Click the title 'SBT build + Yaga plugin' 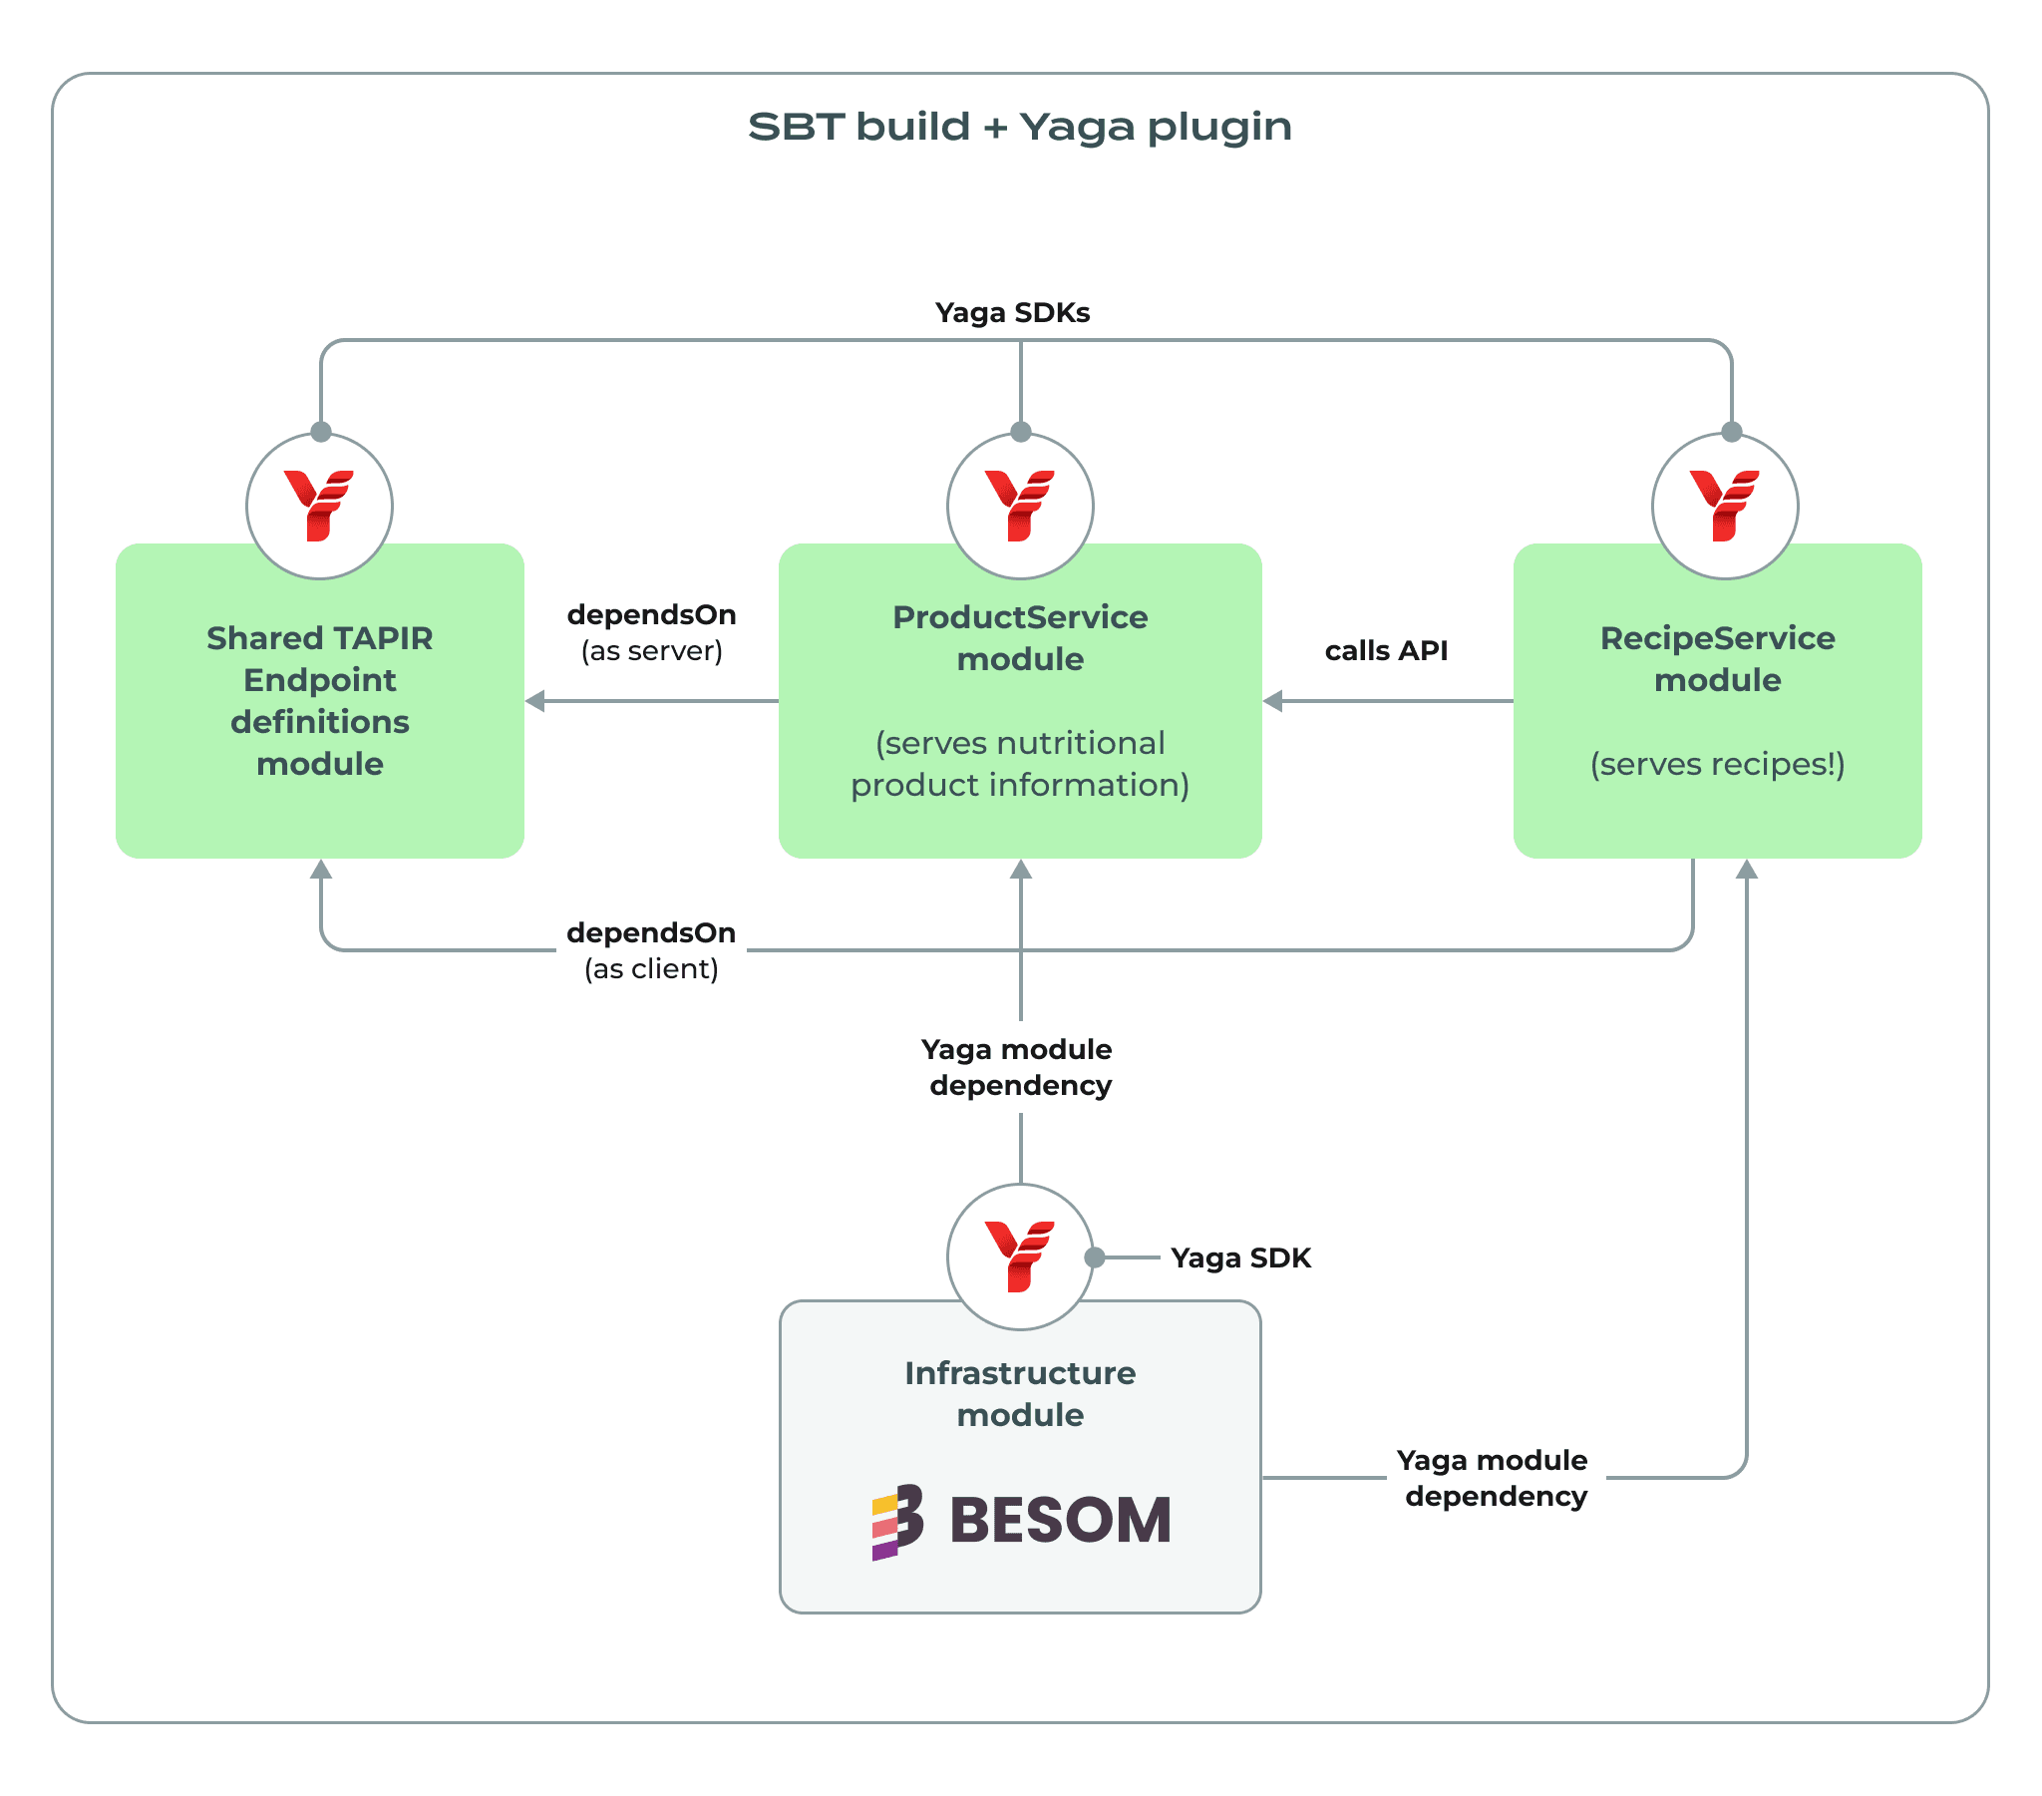(x=1019, y=127)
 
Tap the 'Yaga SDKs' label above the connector (x=1012, y=313)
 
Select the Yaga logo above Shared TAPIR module (x=319, y=506)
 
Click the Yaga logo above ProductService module (x=1020, y=506)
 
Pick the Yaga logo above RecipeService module (x=1724, y=506)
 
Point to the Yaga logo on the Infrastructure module (x=1020, y=1257)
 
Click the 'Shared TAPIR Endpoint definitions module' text (x=320, y=701)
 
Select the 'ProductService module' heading (x=1020, y=637)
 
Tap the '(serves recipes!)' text (x=1717, y=765)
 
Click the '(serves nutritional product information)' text (x=1020, y=765)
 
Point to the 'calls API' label (x=1386, y=650)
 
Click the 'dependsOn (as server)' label (x=651, y=632)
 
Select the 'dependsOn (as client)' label (x=651, y=950)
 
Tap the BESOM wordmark (x=1060, y=1521)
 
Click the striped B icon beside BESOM (x=897, y=1521)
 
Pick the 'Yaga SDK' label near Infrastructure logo (x=1240, y=1257)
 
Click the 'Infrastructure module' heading (x=1020, y=1394)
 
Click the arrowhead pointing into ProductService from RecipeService (x=1272, y=702)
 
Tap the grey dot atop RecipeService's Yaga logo (x=1732, y=432)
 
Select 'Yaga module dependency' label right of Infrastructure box (x=1495, y=1478)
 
